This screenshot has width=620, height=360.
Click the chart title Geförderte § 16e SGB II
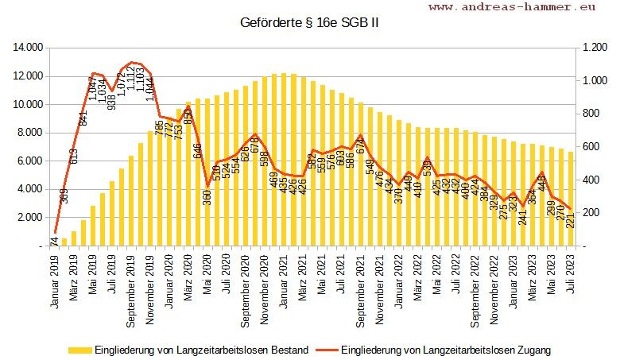click(309, 22)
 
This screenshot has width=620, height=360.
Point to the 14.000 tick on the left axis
click(26, 48)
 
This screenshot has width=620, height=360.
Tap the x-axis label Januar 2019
click(56, 281)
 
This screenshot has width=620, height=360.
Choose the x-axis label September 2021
click(361, 289)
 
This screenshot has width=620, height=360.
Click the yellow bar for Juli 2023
click(571, 199)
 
